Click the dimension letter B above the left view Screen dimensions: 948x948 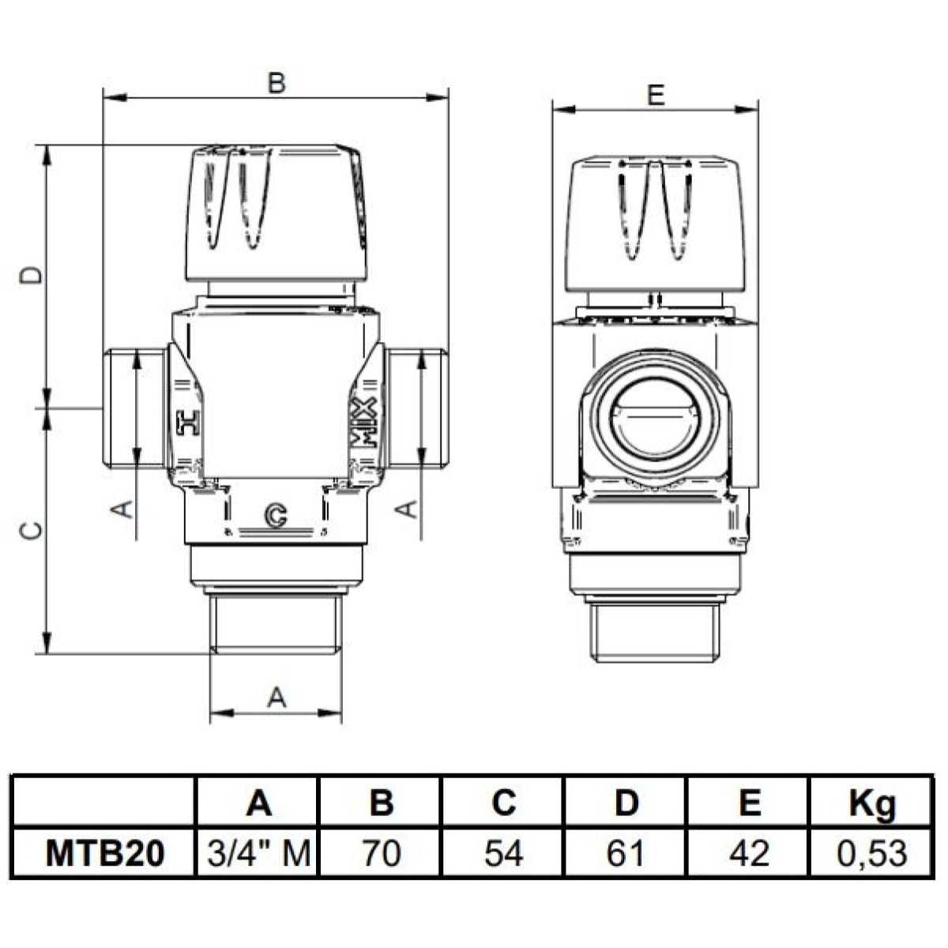[276, 83]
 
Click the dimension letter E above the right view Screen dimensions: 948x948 [655, 95]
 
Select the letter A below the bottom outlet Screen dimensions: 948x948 [276, 697]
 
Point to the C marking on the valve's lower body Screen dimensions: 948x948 [276, 515]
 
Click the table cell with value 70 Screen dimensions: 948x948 [381, 853]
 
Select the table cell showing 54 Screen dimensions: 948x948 [503, 853]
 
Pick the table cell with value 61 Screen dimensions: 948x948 [626, 853]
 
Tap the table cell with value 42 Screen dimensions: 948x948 [748, 853]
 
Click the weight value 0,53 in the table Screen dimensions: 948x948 [871, 853]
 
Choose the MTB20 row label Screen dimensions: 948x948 [105, 853]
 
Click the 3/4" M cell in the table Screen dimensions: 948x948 [258, 853]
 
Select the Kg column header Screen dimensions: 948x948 [871, 803]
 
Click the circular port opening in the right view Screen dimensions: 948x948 [654, 416]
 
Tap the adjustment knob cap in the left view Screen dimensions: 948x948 [276, 212]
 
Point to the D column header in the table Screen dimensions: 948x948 [626, 803]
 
